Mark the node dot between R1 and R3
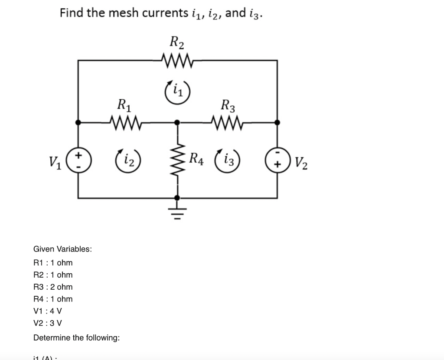(177, 123)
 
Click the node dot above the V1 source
(78, 123)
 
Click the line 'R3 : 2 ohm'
(53, 287)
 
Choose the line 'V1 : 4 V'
(48, 311)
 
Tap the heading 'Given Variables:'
(62, 249)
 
